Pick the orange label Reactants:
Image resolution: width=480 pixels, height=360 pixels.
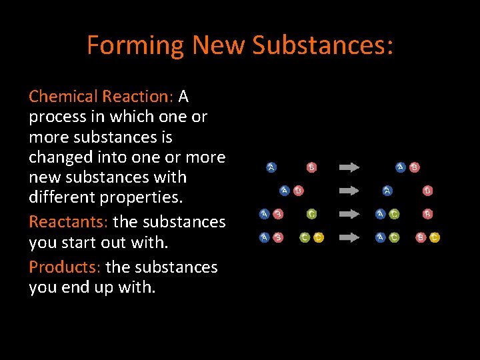coord(69,221)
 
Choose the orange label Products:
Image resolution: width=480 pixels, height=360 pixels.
coord(65,267)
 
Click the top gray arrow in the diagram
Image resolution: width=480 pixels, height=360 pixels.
coord(349,167)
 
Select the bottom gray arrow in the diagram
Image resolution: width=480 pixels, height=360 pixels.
coord(349,237)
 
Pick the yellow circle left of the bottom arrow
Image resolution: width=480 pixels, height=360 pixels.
coord(319,237)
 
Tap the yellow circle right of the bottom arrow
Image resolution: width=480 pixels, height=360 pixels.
coord(435,237)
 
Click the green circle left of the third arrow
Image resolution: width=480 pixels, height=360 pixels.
coord(311,214)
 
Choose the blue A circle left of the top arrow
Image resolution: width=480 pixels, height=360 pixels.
coord(271,167)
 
